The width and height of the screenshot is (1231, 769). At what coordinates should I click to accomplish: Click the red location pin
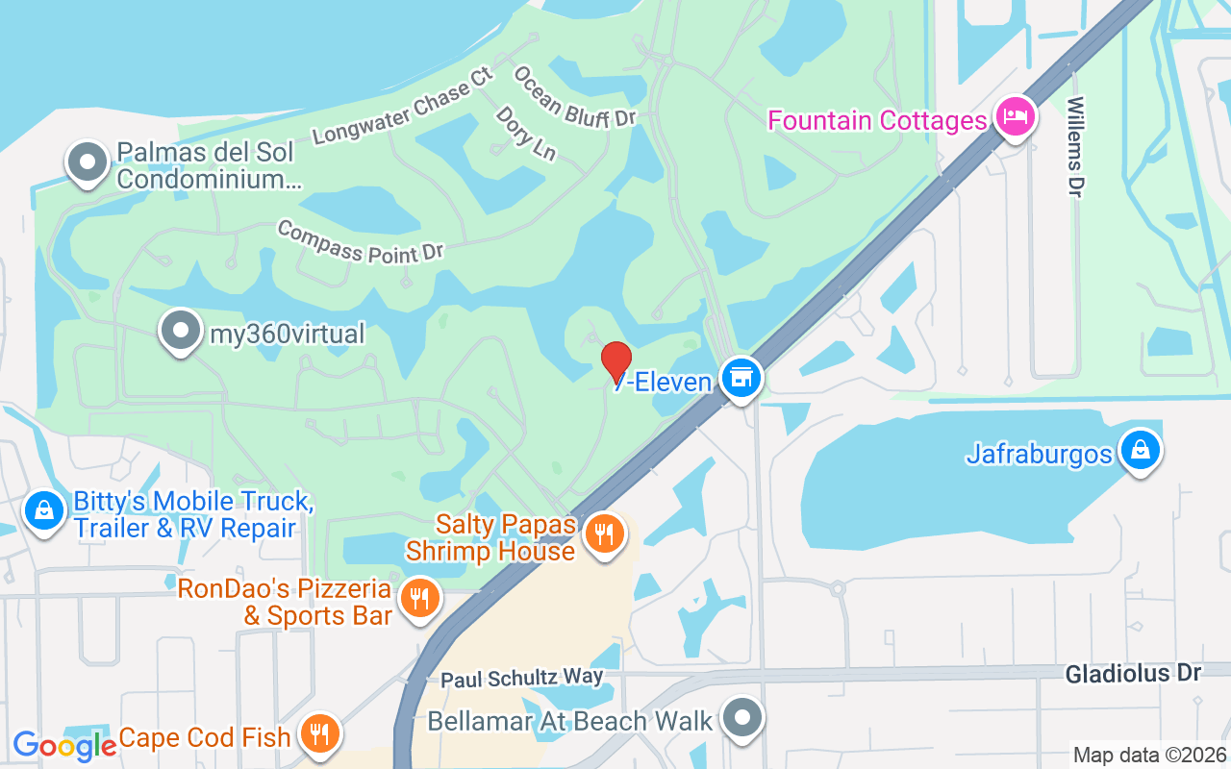click(x=615, y=361)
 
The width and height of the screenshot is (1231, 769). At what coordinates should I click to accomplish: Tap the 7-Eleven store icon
click(x=741, y=377)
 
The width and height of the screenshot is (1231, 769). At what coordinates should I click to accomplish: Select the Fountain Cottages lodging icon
click(x=1015, y=117)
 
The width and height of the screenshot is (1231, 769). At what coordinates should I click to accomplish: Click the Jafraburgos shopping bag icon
click(x=1140, y=449)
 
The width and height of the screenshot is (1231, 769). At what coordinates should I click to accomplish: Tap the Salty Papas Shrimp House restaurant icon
click(x=604, y=533)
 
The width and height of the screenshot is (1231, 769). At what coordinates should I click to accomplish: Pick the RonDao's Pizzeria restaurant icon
click(x=418, y=597)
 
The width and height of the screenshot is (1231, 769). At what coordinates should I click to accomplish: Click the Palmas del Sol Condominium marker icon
click(x=88, y=162)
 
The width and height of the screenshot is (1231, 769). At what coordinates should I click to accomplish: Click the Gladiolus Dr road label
click(x=1133, y=673)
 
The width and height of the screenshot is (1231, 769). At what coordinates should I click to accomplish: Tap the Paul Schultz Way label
click(x=522, y=679)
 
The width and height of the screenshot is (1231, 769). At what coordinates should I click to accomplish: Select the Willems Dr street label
click(x=1075, y=147)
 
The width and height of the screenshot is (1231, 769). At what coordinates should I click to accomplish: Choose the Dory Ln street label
click(x=525, y=133)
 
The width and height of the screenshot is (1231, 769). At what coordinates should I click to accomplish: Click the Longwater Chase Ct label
click(x=402, y=106)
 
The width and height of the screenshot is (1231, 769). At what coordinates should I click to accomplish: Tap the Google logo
click(x=64, y=745)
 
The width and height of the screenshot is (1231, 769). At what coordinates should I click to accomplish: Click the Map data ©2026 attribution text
click(x=1149, y=755)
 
